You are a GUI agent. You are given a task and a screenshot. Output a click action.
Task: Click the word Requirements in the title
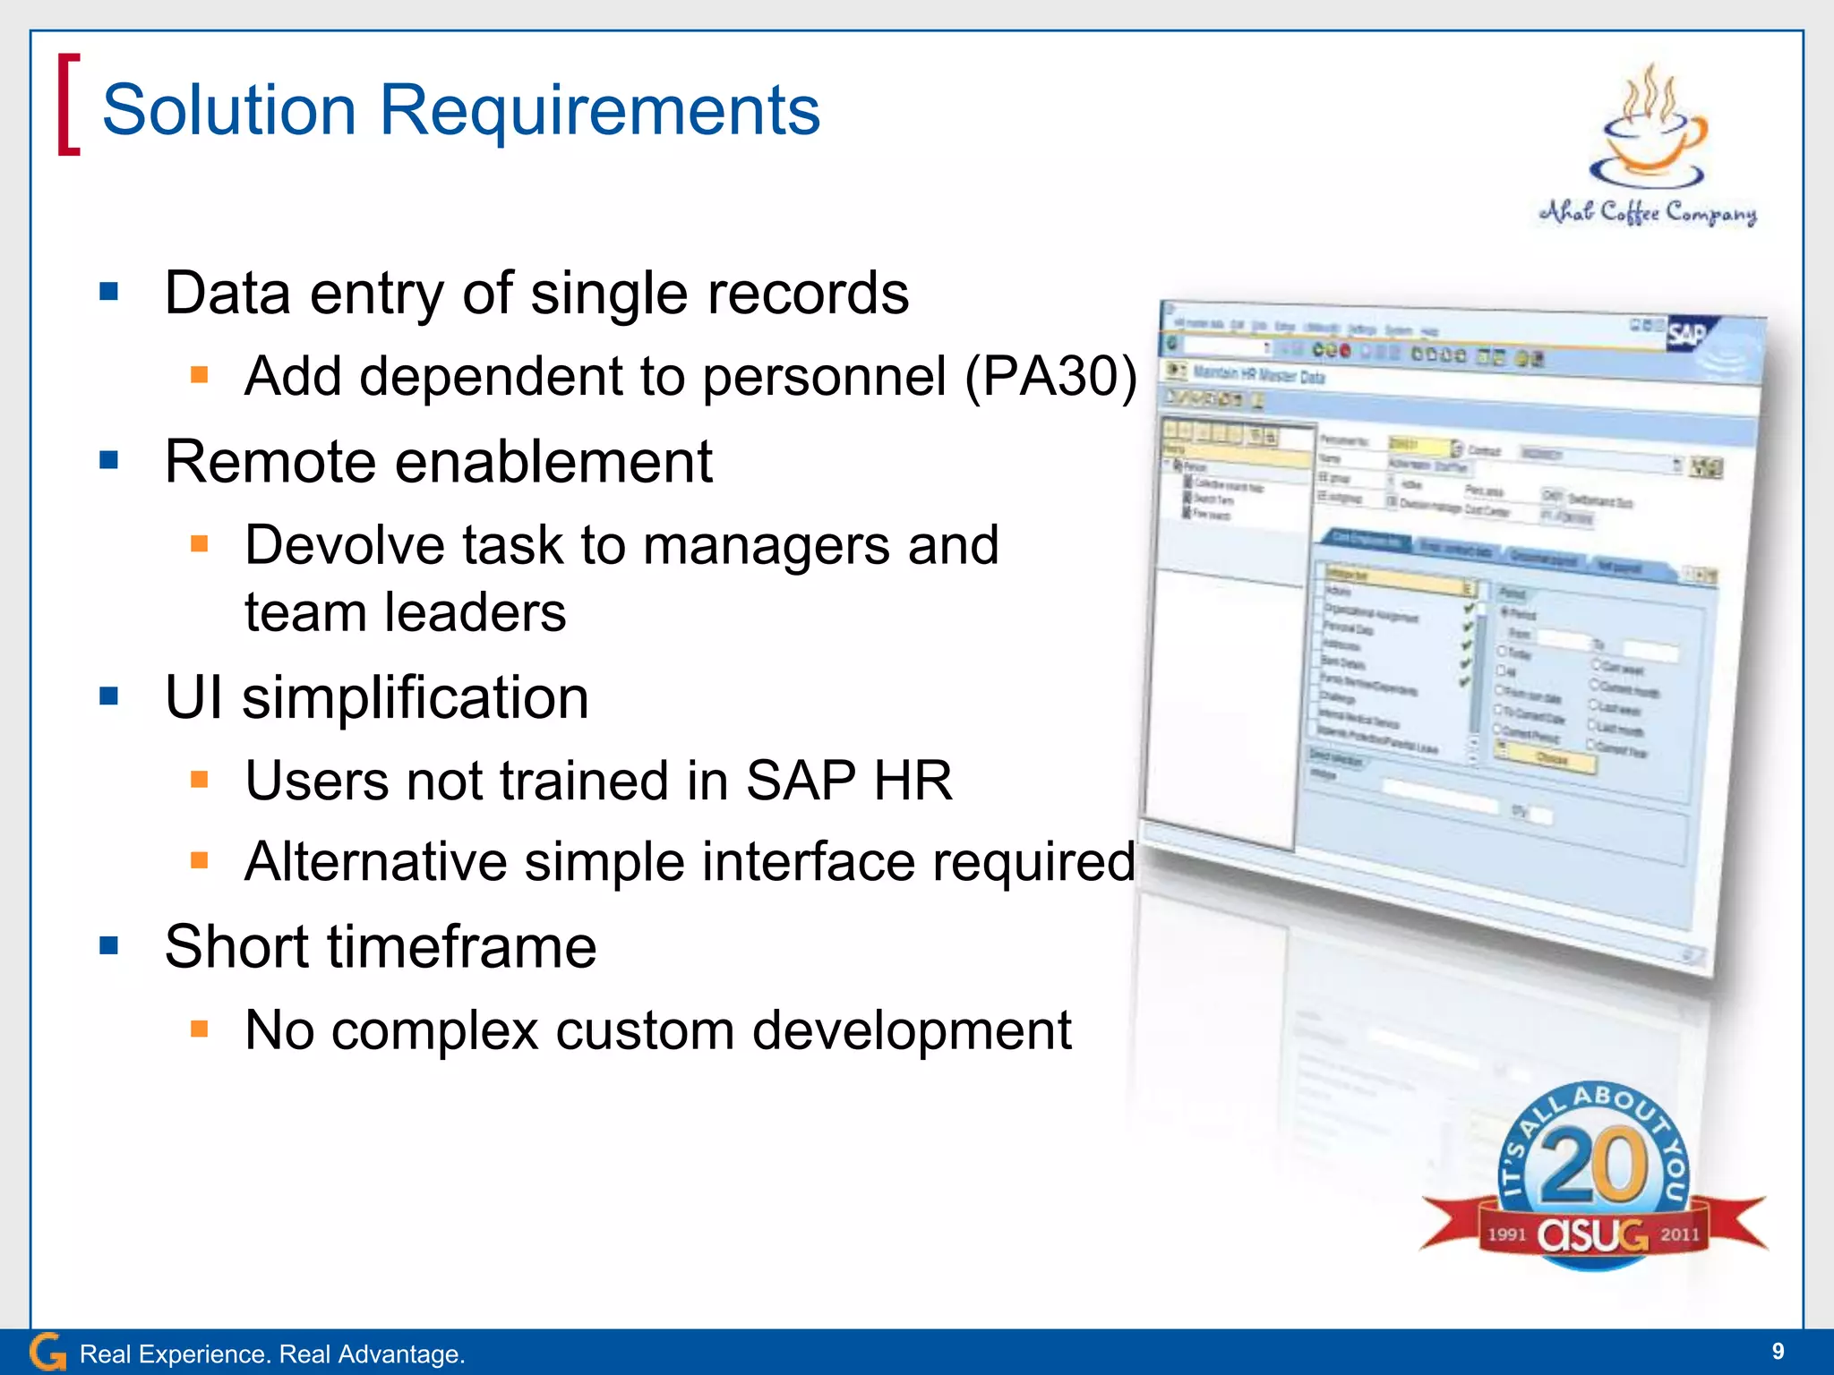599,111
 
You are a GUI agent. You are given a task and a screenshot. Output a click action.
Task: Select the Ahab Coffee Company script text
1648,212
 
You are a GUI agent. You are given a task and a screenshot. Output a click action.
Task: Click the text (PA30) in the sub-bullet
1050,376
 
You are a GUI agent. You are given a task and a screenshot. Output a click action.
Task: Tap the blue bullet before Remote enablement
109,460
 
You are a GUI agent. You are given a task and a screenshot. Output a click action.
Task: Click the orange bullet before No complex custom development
199,1029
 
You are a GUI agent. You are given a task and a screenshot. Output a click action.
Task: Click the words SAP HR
848,781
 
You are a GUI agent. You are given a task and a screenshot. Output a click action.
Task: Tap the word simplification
416,697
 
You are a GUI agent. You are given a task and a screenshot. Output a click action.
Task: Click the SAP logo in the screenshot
1687,336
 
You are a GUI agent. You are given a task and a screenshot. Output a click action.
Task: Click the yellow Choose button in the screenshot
1552,759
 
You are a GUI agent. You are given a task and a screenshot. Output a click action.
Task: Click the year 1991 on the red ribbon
1506,1234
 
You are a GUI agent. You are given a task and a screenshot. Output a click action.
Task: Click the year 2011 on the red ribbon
1679,1234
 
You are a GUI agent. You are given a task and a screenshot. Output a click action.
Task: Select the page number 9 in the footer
1778,1351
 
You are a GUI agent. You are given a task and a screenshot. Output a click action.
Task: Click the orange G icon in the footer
47,1352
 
